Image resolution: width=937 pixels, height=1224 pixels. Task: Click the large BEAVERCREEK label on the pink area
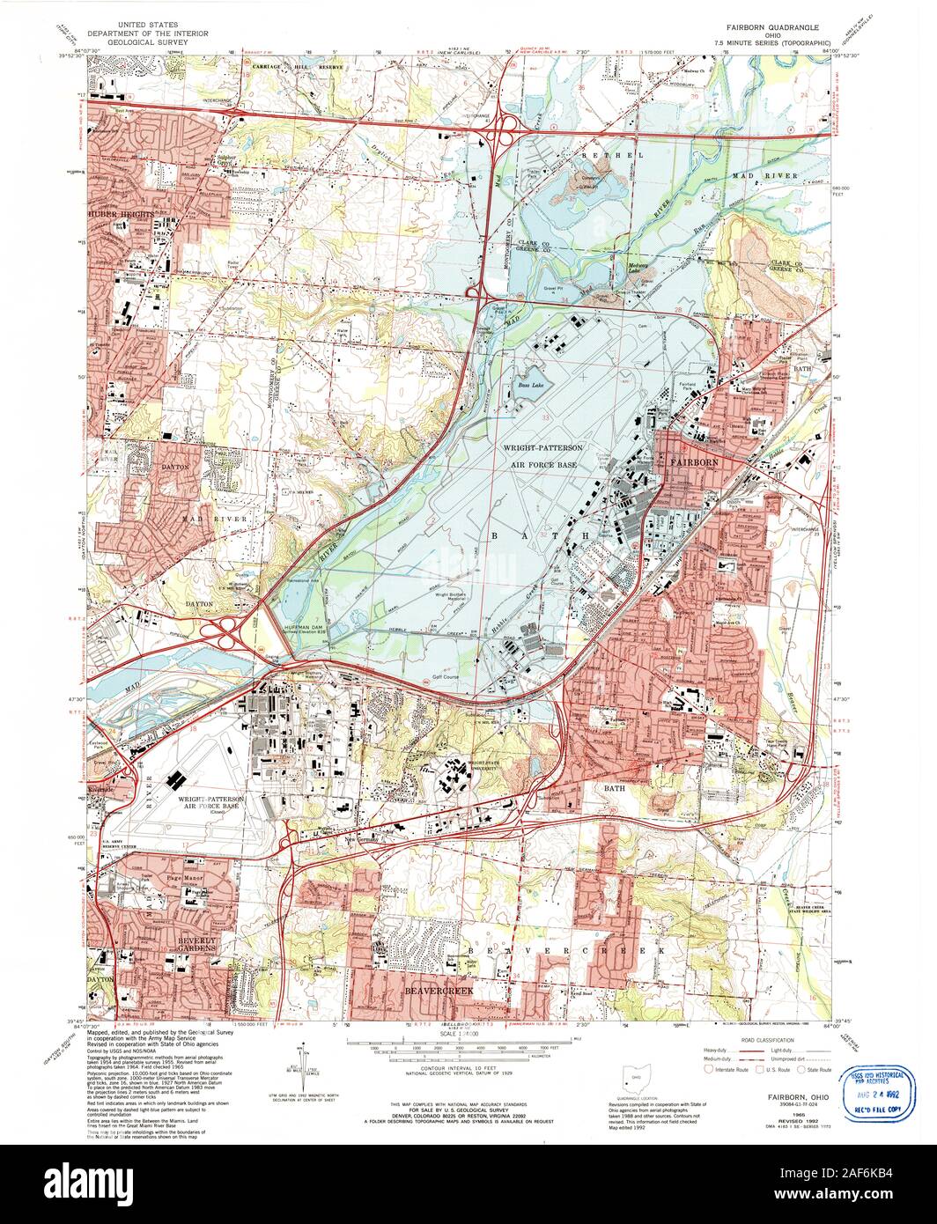point(438,992)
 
